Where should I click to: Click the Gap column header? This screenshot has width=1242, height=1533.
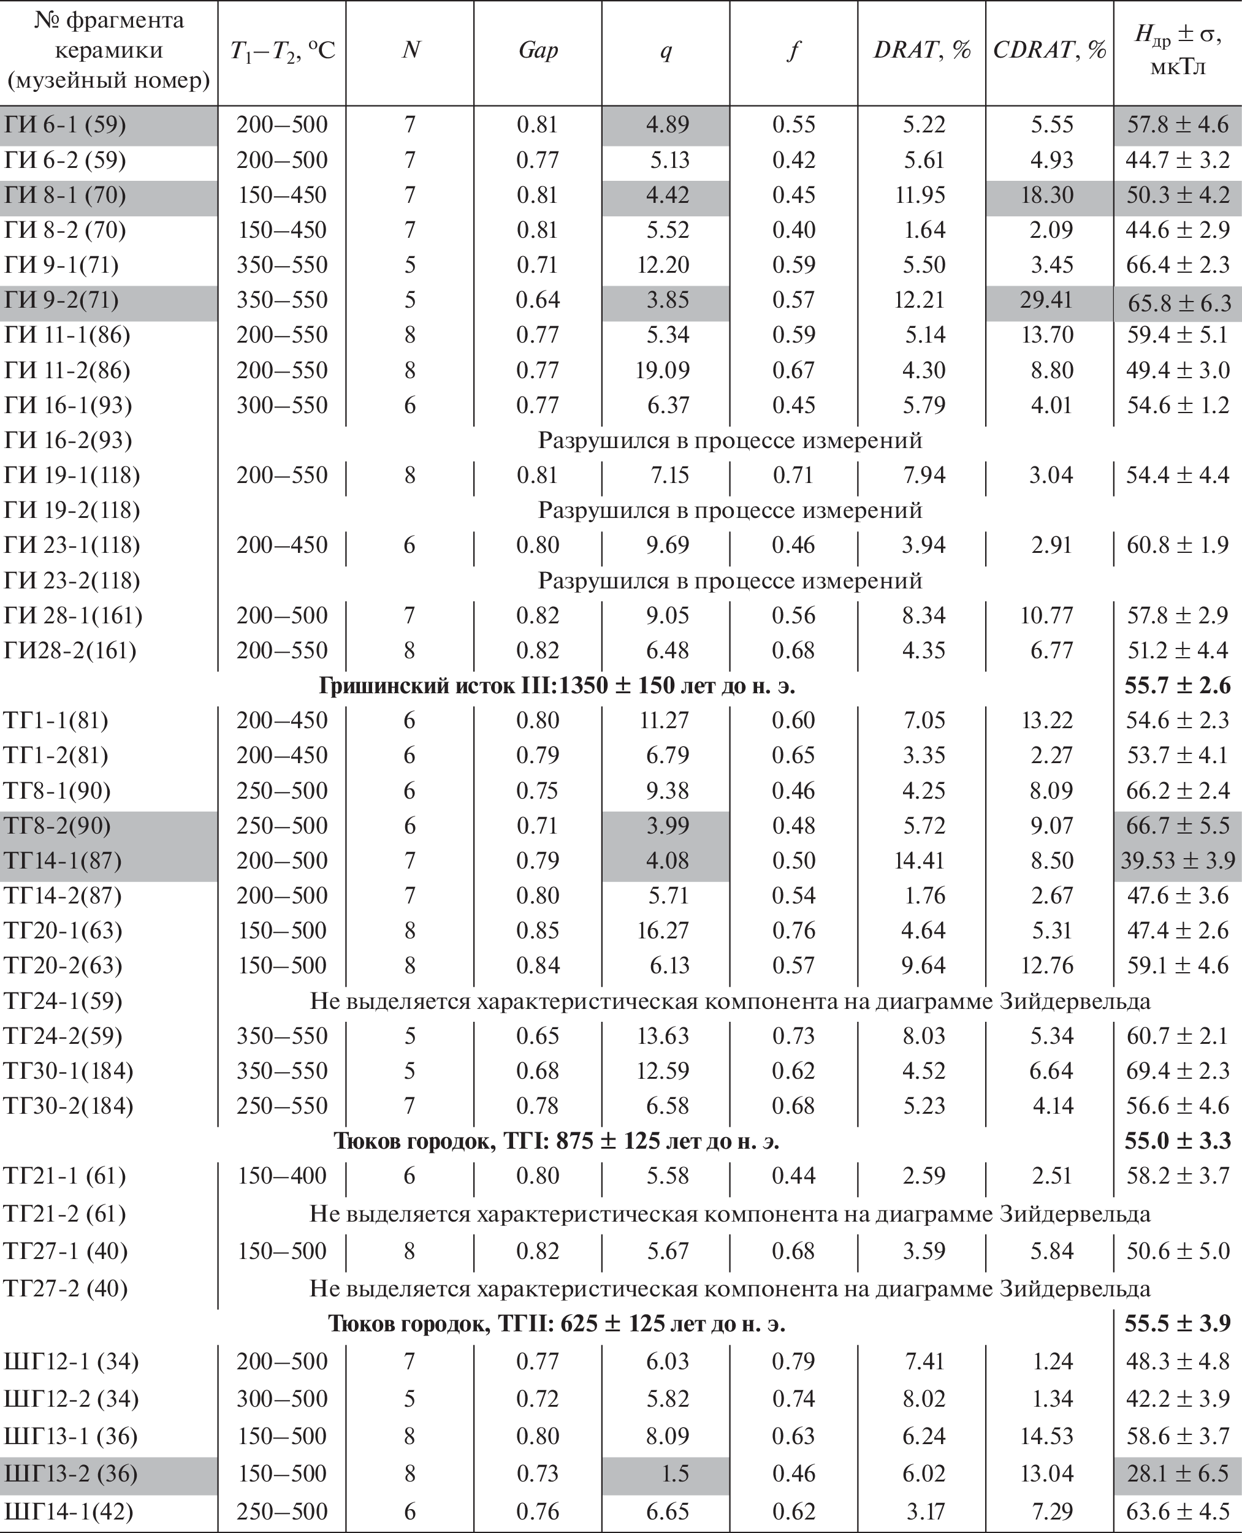click(x=537, y=50)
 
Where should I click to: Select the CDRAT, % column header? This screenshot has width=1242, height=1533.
click(x=1049, y=50)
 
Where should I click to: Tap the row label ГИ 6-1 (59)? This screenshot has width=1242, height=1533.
click(x=65, y=124)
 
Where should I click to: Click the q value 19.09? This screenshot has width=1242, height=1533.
click(x=663, y=370)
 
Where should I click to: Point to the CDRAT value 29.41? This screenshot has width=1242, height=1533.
click(x=1046, y=300)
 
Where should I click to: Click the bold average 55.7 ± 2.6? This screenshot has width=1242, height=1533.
click(x=1177, y=685)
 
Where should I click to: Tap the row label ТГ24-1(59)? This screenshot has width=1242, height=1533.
click(x=63, y=1000)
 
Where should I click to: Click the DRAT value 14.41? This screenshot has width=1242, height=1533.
click(x=920, y=860)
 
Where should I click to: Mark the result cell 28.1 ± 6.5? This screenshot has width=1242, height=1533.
click(x=1178, y=1473)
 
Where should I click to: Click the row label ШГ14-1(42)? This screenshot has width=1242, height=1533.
click(x=68, y=1511)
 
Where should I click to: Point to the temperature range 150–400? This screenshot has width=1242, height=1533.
click(x=282, y=1175)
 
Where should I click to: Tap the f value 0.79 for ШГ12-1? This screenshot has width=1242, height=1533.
click(x=793, y=1361)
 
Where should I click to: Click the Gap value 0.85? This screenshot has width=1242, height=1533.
click(x=537, y=930)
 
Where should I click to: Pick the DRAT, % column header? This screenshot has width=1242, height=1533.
click(x=921, y=50)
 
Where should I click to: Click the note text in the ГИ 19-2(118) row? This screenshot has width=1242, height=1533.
click(x=730, y=510)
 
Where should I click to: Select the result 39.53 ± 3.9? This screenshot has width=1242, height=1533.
click(x=1178, y=860)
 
